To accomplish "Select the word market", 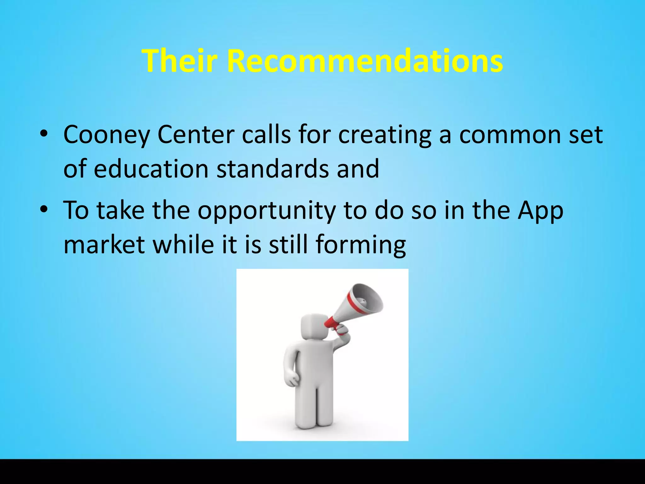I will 104,244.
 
